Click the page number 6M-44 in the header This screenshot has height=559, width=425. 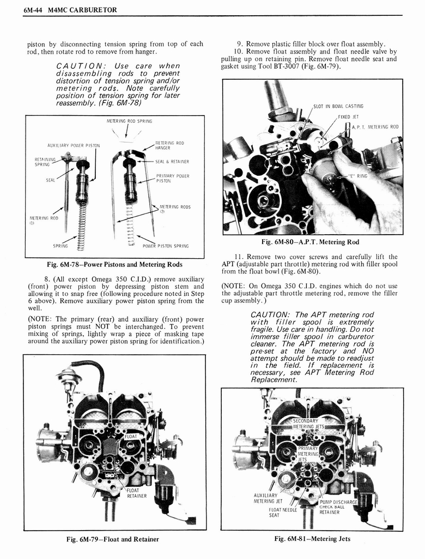pos(34,9)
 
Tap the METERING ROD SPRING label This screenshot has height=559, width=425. pos(129,121)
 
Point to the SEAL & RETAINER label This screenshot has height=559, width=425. pos(172,162)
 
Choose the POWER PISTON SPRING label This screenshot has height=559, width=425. pos(165,246)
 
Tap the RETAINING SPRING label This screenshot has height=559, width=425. pos(42,162)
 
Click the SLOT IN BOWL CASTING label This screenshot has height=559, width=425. pos(338,106)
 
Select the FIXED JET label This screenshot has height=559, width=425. pos(348,117)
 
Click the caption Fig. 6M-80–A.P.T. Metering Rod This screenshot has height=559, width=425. pos(310,242)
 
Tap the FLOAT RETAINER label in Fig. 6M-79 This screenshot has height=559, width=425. pos(136,493)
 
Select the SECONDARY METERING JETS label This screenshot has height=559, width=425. pos(308,424)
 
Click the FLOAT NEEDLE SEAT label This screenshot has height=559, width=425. pos(282,513)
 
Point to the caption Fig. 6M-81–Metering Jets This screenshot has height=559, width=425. pos(312,539)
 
